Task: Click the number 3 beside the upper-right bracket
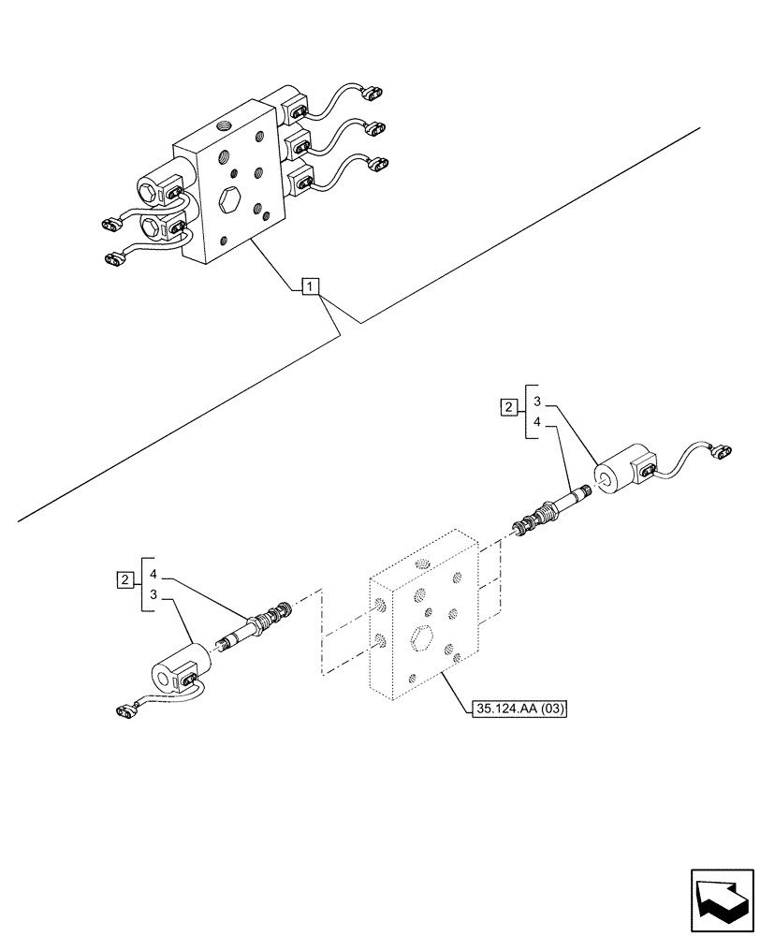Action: point(536,402)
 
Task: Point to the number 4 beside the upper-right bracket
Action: point(536,422)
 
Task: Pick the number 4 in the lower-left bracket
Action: point(153,573)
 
